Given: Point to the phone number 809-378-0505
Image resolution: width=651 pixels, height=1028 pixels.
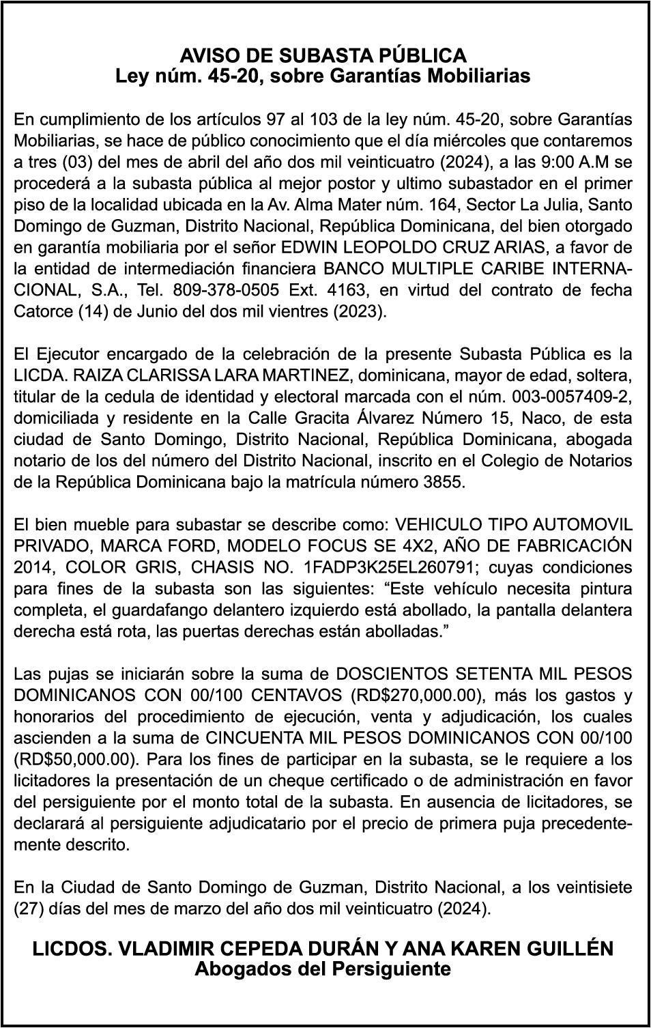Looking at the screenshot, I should click(226, 289).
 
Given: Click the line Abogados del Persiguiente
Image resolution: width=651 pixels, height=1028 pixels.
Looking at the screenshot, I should click(323, 968).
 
